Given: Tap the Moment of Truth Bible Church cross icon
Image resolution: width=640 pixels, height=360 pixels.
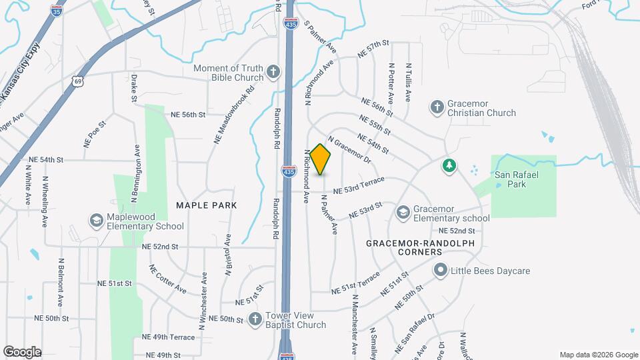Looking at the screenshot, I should pyautogui.click(x=273, y=72).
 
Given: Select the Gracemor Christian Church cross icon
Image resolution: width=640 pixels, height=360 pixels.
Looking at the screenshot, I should pyautogui.click(x=437, y=107).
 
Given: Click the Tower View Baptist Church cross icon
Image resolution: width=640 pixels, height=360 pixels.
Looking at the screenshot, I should pyautogui.click(x=255, y=319).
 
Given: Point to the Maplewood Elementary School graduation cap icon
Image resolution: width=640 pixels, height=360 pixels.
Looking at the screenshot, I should pyautogui.click(x=97, y=220).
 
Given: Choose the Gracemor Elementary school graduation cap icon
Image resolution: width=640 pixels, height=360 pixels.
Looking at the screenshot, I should pyautogui.click(x=403, y=213).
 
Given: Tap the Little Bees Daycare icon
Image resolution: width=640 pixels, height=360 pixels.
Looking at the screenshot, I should pyautogui.click(x=440, y=271).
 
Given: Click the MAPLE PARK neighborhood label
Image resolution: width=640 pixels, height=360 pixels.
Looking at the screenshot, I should pyautogui.click(x=207, y=205).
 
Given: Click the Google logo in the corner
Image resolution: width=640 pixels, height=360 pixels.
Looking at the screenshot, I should pyautogui.click(x=23, y=351).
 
